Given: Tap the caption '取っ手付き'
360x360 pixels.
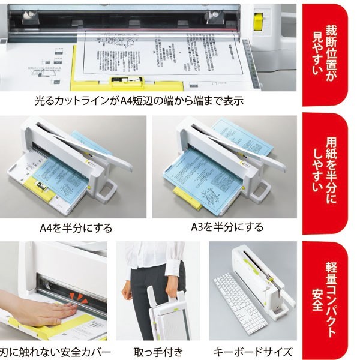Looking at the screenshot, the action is tap(159, 352).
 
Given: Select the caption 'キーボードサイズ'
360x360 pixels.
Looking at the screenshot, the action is tap(253, 352).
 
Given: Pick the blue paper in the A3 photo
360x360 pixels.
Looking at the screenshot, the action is tap(213, 174).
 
